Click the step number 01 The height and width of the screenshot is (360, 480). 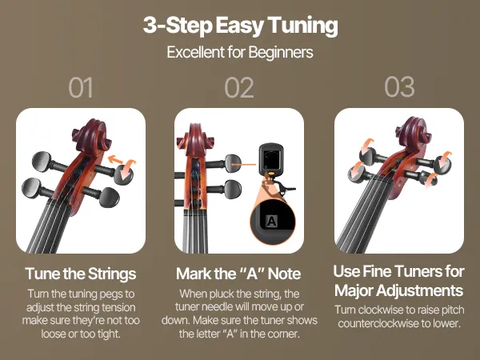pyautogui.click(x=81, y=87)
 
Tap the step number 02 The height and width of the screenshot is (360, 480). pyautogui.click(x=239, y=87)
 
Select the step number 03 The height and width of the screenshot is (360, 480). pyautogui.click(x=399, y=87)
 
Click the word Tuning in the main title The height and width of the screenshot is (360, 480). pyautogui.click(x=302, y=26)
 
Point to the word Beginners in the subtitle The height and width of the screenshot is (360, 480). pyautogui.click(x=281, y=52)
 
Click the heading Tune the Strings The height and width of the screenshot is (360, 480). pyautogui.click(x=81, y=274)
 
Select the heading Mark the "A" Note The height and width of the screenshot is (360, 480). pyautogui.click(x=238, y=274)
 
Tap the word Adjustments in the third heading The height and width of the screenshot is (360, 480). pyautogui.click(x=420, y=290)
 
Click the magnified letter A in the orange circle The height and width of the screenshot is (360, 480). pyautogui.click(x=271, y=221)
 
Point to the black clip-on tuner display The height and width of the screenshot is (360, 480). pyautogui.click(x=271, y=158)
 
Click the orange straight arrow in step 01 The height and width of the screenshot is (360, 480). pyautogui.click(x=115, y=159)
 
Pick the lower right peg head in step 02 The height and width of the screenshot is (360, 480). pyautogui.click(x=233, y=189)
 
